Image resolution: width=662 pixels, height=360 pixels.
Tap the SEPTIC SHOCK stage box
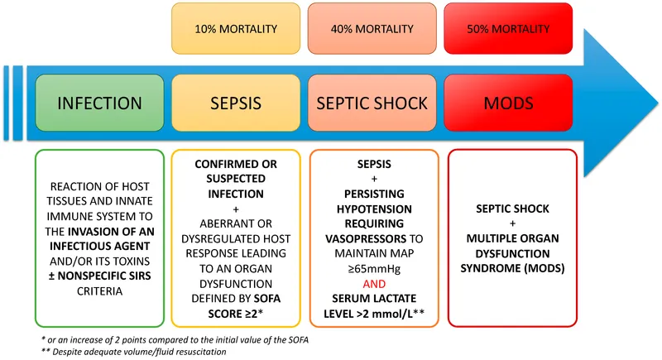372,103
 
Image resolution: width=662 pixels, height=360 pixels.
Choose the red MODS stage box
508,103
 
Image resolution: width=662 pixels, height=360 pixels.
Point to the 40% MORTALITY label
372,29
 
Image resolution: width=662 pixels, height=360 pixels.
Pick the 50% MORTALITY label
508,29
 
